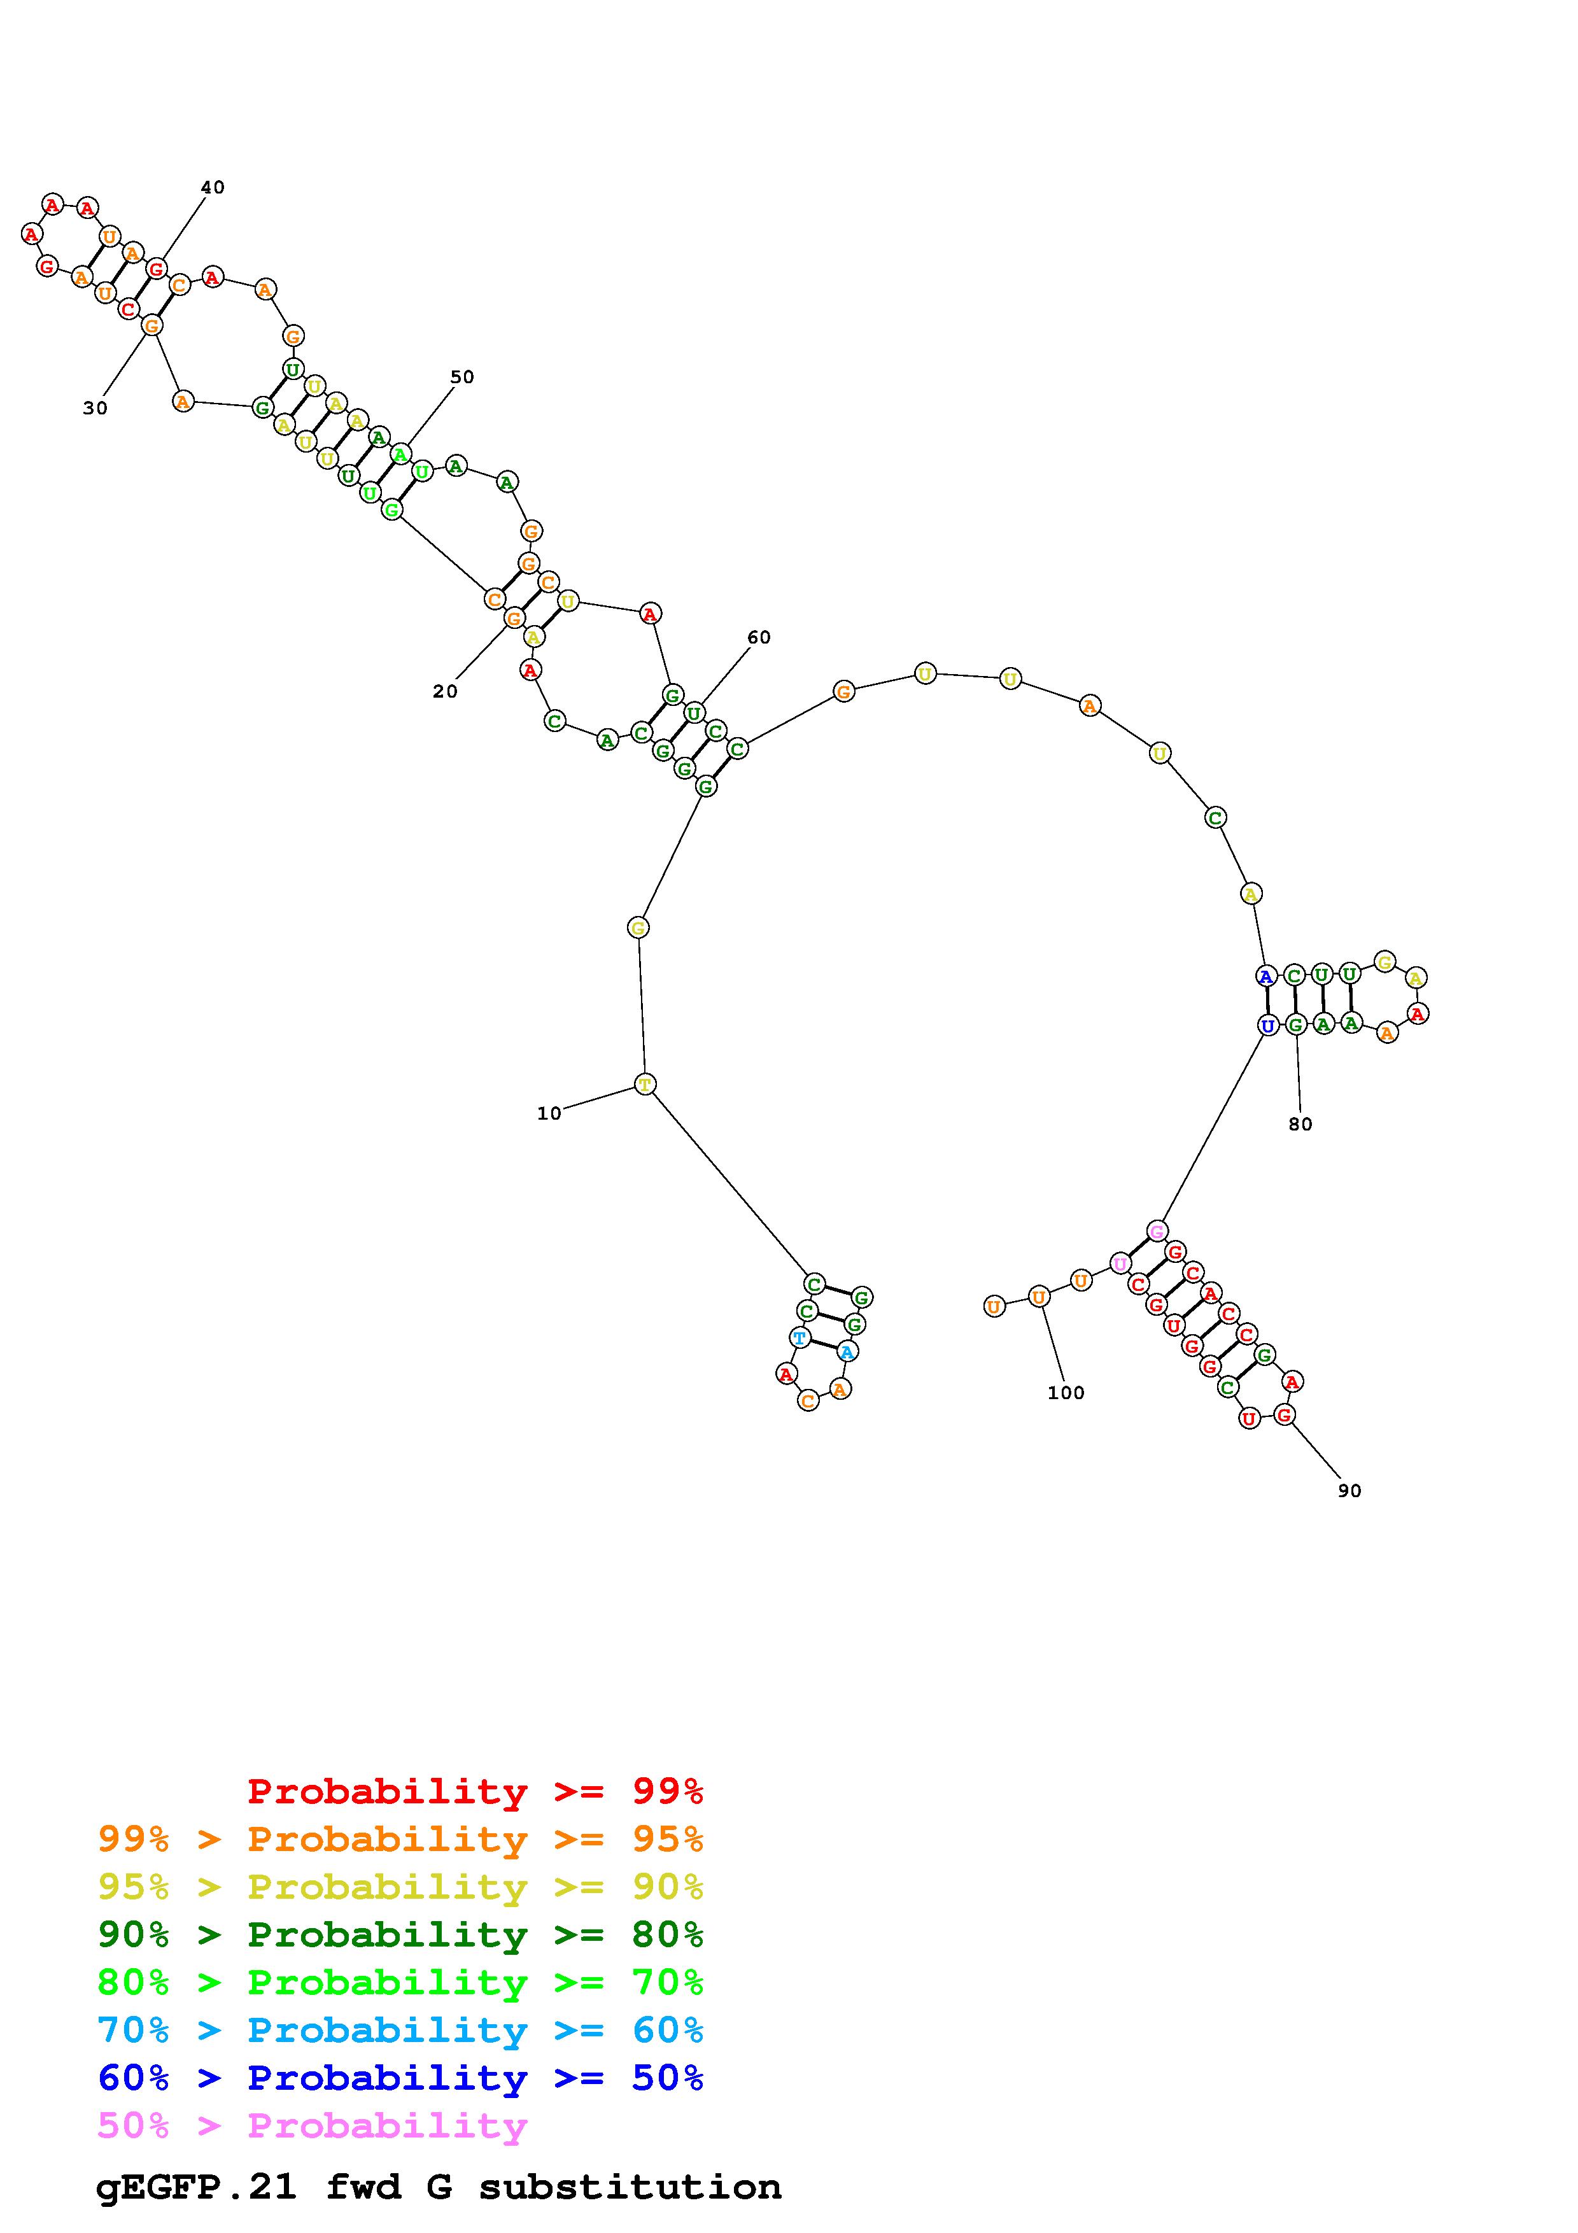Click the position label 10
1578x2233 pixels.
[x=549, y=1113]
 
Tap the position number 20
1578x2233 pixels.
[x=446, y=691]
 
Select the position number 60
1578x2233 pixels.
[x=759, y=637]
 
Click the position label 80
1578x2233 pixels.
[x=1301, y=1124]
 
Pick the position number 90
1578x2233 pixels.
[x=1349, y=1491]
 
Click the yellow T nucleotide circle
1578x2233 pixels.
[x=645, y=1083]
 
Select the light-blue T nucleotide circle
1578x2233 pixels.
[x=800, y=1337]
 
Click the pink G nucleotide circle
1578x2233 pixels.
[x=1156, y=1231]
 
